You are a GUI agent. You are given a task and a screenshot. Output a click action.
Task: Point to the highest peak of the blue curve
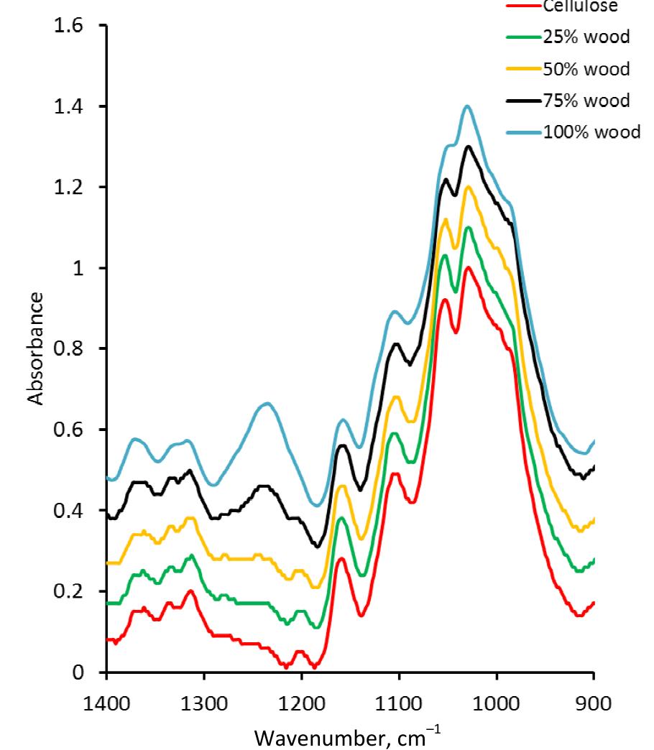pyautogui.click(x=468, y=106)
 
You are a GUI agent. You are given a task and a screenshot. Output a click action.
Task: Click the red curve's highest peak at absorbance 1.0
pyautogui.click(x=468, y=267)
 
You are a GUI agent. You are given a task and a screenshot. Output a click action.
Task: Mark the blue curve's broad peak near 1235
pyautogui.click(x=267, y=403)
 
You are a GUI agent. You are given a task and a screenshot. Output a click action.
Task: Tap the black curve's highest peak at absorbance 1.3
pyautogui.click(x=468, y=146)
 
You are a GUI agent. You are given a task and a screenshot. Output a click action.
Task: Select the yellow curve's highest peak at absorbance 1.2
pyautogui.click(x=468, y=187)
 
